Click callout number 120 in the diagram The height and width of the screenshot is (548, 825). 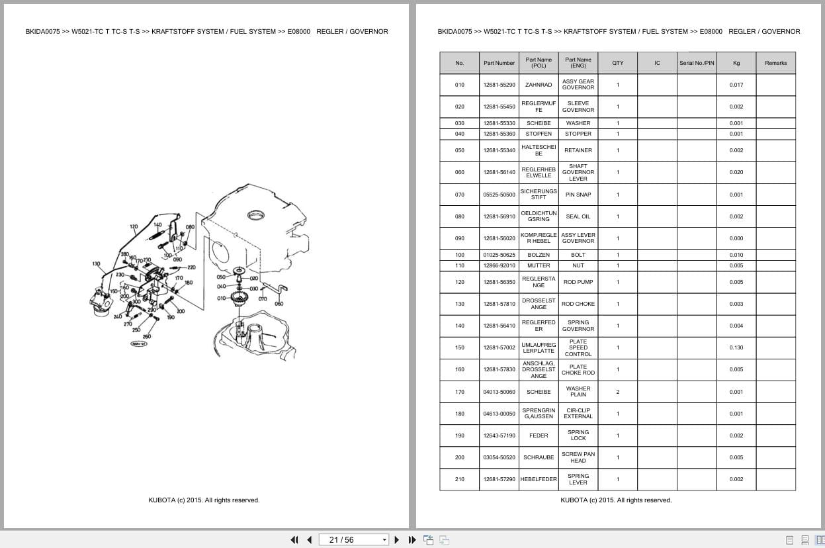(x=134, y=227)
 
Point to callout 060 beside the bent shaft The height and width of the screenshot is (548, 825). (x=279, y=304)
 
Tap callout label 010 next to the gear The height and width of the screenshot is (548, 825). (x=222, y=298)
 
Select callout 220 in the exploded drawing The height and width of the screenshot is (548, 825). (x=192, y=267)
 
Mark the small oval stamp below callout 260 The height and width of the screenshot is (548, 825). (x=140, y=343)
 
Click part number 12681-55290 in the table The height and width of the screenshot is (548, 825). (x=499, y=85)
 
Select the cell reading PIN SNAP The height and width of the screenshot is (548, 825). (x=578, y=195)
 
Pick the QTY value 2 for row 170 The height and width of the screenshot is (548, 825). (x=617, y=392)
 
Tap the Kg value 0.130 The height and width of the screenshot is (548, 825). (x=736, y=347)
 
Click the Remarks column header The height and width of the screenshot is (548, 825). (x=775, y=63)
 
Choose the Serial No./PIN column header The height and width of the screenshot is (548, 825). (x=697, y=63)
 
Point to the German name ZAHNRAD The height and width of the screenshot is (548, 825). (x=539, y=85)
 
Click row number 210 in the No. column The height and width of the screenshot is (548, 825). (x=459, y=479)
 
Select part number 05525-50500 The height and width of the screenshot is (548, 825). (x=499, y=195)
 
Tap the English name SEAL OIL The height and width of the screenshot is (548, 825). (x=578, y=216)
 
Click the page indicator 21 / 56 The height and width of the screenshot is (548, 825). (x=342, y=540)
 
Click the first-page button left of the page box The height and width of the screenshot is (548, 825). (x=294, y=540)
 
